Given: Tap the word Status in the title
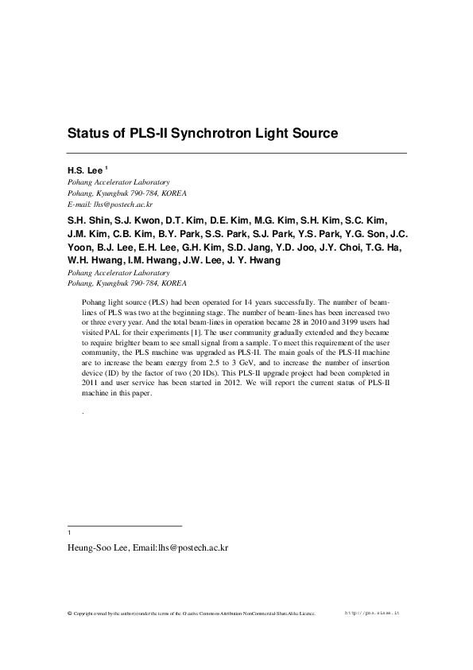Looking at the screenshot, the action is coord(88,133).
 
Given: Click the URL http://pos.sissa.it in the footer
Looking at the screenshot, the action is coord(373,614).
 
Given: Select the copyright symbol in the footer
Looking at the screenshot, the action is coord(69,614).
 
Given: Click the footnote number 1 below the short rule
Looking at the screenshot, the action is coord(70,533).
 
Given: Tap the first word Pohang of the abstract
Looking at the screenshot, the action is coord(95,302).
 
